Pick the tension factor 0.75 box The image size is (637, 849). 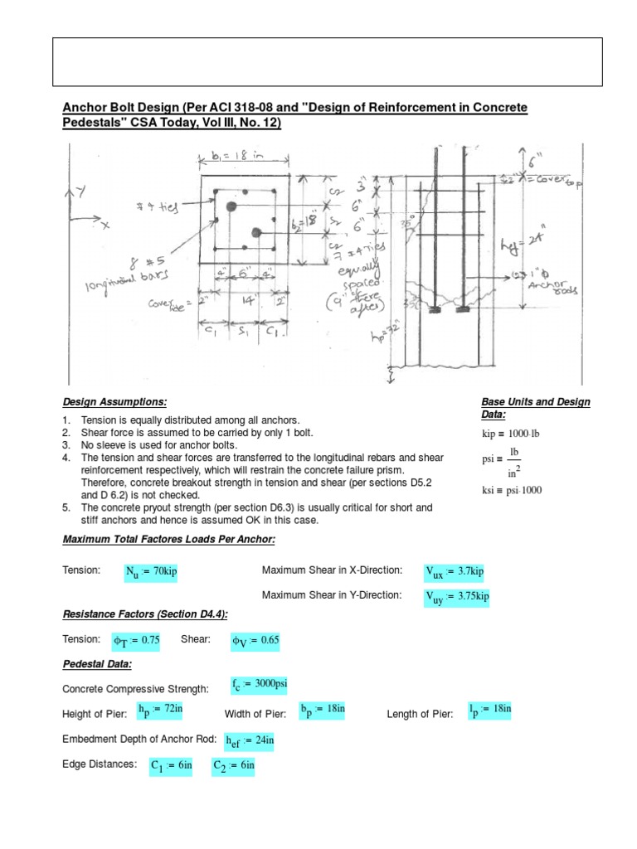click(x=137, y=640)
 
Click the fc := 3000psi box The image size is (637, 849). click(x=260, y=684)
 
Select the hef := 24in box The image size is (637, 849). click(x=247, y=740)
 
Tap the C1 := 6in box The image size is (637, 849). click(x=170, y=766)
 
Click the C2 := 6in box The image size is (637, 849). click(x=233, y=766)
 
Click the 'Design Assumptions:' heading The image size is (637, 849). click(x=115, y=402)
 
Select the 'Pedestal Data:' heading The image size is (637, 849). click(x=98, y=665)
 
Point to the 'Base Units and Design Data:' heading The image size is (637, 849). click(x=535, y=408)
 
